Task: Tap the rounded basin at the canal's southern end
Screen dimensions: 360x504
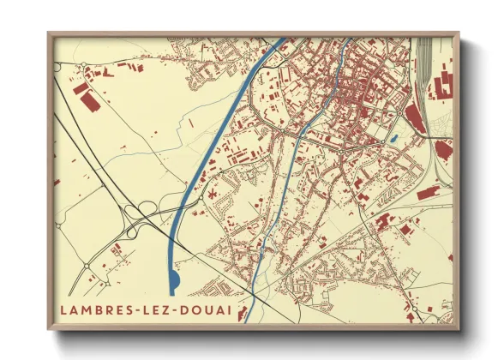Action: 175,280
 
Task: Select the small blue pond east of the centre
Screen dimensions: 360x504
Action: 393,138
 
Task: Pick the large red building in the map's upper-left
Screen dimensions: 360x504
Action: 88,100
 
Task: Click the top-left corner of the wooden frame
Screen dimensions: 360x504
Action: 49,33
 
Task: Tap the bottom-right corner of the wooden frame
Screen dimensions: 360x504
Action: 459,328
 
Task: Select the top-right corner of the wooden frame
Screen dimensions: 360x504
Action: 459,33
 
